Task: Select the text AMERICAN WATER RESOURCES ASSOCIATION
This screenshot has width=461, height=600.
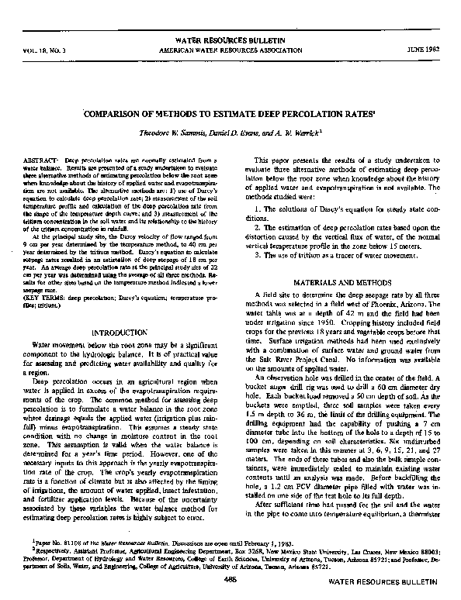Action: pyautogui.click(x=231, y=48)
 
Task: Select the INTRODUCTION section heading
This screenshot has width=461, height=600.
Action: pyautogui.click(x=123, y=331)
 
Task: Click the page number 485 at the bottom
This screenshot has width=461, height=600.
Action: pyautogui.click(x=231, y=580)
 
